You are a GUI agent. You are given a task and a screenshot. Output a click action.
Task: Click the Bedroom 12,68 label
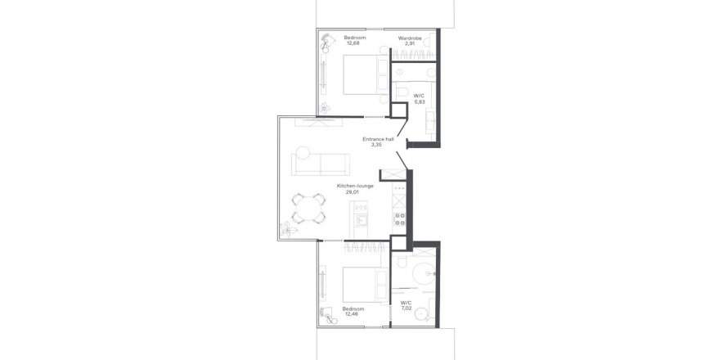click(355, 40)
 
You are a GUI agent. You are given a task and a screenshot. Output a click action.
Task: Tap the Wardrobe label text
click(410, 38)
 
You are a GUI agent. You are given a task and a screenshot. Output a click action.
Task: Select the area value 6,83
click(420, 101)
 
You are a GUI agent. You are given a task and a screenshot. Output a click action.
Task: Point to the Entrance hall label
click(379, 139)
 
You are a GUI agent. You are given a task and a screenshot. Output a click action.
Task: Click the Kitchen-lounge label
click(355, 186)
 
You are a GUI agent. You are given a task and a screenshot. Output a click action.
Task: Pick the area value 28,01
click(353, 191)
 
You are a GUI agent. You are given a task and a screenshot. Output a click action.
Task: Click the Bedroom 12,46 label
click(353, 311)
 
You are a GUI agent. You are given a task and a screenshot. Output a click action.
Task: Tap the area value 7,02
click(407, 308)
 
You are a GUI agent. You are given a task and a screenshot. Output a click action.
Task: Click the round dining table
click(308, 208)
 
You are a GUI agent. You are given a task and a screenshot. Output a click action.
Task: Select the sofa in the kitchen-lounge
click(321, 164)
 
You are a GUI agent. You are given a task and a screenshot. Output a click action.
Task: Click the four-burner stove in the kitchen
click(399, 219)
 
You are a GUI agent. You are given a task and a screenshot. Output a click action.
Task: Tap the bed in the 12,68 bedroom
click(366, 74)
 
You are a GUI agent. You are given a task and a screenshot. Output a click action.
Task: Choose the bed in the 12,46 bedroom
click(366, 284)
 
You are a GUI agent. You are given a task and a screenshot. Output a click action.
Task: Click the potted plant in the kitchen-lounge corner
click(287, 229)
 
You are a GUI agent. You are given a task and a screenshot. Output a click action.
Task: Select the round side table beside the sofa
click(303, 153)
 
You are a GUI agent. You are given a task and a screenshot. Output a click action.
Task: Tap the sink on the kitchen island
click(361, 220)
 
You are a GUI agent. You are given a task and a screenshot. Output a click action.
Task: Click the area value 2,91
click(410, 43)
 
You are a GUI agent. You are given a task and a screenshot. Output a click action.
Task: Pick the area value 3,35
click(376, 145)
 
